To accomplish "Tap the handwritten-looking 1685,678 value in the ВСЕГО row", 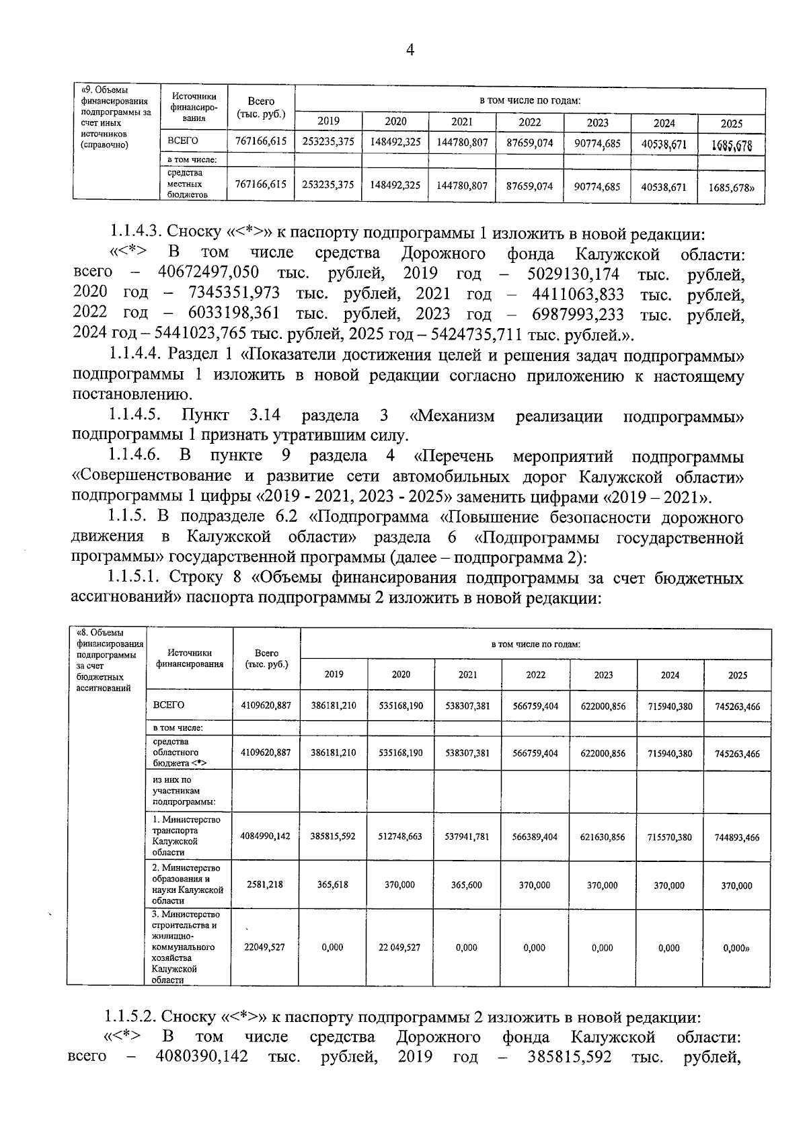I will coord(732,145).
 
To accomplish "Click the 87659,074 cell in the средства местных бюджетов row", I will coord(529,186).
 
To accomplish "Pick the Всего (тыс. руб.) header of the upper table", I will coord(261,108).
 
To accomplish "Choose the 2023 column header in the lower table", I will coord(603,675).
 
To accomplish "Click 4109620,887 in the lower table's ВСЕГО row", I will coord(266,705).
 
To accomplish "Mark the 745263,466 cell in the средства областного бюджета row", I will coord(737,754).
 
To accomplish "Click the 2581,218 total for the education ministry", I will coord(265,885).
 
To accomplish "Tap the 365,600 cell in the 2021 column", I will coord(467,885).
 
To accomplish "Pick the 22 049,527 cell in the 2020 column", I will coord(399,947).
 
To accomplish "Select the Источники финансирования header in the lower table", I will coord(190,658).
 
